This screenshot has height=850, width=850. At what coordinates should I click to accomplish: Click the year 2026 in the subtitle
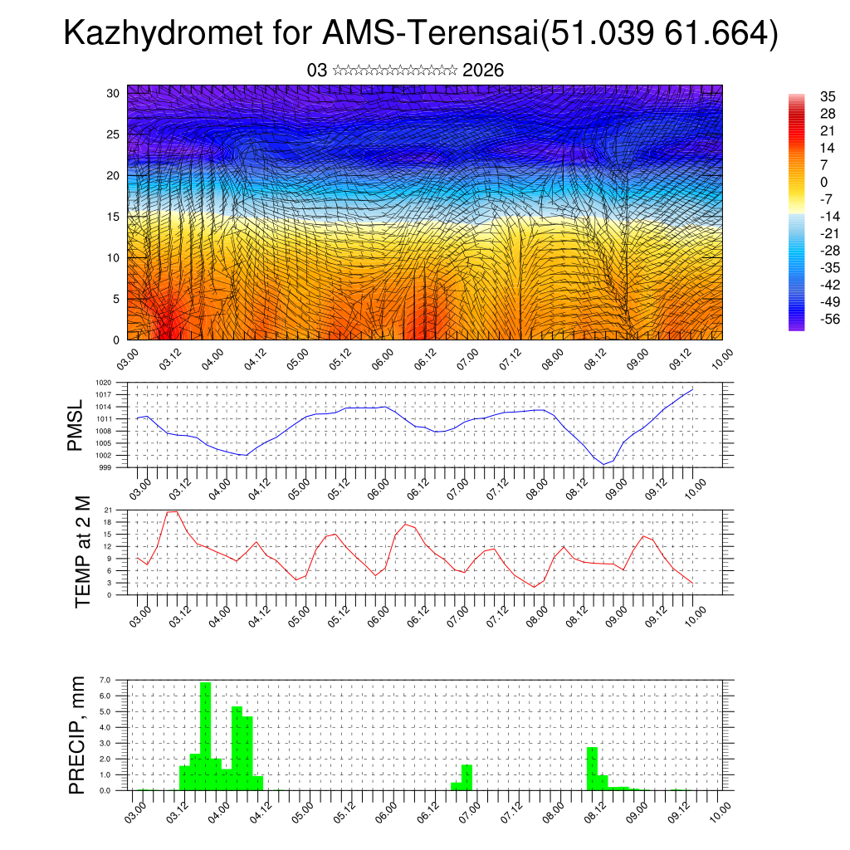coord(483,71)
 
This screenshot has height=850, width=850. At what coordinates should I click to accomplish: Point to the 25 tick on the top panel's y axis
coord(114,134)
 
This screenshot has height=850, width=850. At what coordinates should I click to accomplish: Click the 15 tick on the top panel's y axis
coord(114,217)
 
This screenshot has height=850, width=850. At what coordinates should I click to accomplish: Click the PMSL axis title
coord(76,425)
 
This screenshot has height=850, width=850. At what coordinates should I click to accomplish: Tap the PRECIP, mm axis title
coord(77,735)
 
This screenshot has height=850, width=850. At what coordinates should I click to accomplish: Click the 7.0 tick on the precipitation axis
coord(105,680)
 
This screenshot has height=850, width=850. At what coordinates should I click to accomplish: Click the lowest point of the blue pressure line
coord(604,464)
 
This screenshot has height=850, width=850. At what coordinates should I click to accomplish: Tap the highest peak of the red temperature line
coord(172,511)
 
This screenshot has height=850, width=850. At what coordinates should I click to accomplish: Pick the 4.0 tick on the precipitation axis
coord(105,727)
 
